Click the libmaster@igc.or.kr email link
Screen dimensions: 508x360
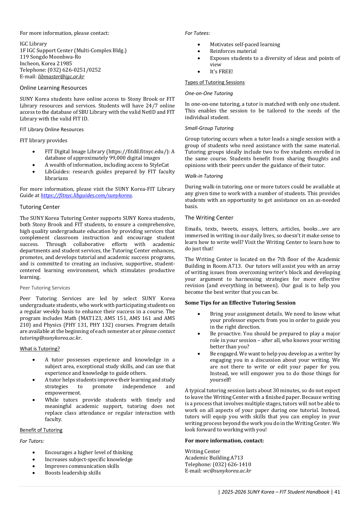61,77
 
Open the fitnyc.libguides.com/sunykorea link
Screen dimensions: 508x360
86,195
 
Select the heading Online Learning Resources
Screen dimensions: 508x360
53,88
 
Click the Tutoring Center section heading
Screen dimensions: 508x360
40,207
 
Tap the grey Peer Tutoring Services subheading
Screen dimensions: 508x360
45,288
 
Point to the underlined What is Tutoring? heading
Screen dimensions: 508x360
40,349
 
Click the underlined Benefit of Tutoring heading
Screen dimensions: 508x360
41,430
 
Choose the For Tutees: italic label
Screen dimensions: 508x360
197,33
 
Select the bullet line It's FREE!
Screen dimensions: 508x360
221,72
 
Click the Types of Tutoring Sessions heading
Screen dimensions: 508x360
215,82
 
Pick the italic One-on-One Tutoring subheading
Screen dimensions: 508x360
209,93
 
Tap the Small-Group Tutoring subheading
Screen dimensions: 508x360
209,128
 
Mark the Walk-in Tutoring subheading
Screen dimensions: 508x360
204,176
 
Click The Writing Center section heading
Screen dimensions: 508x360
209,218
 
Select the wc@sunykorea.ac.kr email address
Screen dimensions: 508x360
227,471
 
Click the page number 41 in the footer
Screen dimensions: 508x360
337,492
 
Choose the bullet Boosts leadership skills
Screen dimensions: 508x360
73,473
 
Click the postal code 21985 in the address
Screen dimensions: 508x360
64,64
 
